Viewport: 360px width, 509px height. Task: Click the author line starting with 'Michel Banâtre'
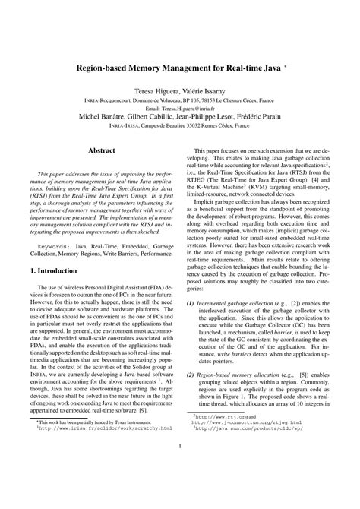pyautogui.click(x=180, y=118)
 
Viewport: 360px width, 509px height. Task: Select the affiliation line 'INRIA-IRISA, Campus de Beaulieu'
pyautogui.click(x=180, y=127)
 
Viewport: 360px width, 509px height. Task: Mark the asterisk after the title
pyautogui.click(x=286, y=65)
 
